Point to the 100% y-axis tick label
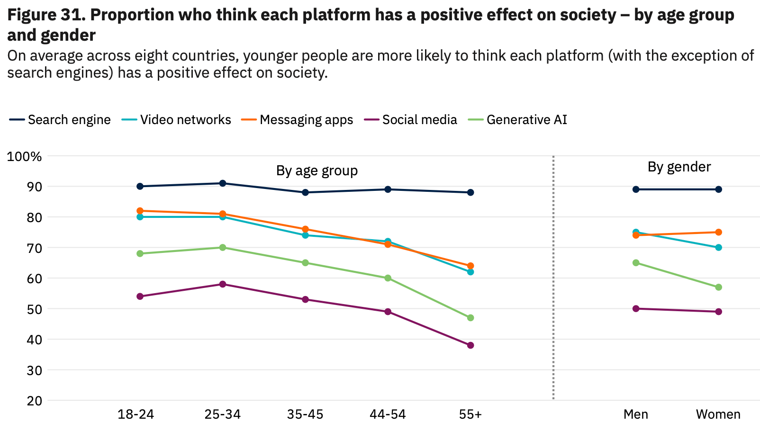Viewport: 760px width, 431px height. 25,156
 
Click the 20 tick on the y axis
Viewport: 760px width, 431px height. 35,401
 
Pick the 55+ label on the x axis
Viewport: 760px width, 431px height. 470,415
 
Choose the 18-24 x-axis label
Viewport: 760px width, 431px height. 136,415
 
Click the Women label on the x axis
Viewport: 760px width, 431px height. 718,415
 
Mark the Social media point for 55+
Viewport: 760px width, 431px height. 470,345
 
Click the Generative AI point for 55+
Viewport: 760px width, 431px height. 470,318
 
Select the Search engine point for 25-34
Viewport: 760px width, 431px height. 223,183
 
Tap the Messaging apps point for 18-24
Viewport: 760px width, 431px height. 140,211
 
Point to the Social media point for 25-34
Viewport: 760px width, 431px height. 223,284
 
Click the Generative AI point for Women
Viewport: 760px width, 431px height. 719,287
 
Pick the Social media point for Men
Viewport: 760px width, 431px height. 636,309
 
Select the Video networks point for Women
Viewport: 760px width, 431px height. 719,248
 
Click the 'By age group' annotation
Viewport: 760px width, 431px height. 317,171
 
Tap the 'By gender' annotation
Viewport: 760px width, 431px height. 679,167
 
